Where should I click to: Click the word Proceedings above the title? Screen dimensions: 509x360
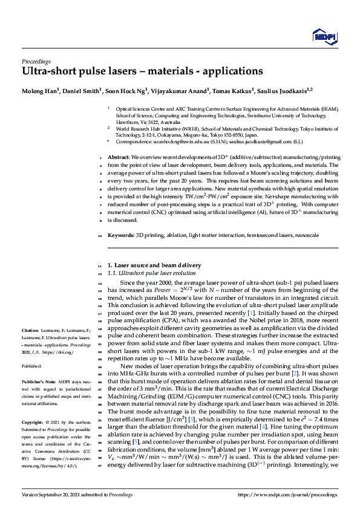point(36,61)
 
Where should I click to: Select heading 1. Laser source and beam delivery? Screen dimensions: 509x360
point(154,265)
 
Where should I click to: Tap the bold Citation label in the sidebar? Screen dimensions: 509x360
point(30,330)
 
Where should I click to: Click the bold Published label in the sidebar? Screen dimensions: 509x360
point(32,366)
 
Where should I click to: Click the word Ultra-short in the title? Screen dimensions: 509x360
point(48,72)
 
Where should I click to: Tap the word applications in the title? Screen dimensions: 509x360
point(227,72)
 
